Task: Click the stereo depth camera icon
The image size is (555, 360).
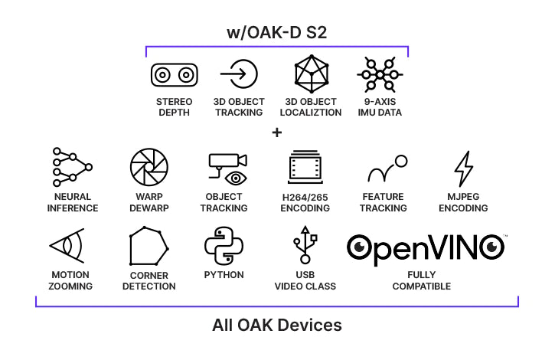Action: click(173, 75)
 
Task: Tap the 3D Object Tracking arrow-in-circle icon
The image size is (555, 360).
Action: click(239, 74)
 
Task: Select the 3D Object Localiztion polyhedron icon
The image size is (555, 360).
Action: click(312, 74)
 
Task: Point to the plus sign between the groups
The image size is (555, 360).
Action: click(276, 133)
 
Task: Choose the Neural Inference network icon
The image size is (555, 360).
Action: click(72, 167)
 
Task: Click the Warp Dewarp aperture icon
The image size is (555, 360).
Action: click(149, 168)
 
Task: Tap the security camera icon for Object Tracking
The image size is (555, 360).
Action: click(227, 168)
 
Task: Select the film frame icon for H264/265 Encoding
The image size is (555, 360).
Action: click(305, 169)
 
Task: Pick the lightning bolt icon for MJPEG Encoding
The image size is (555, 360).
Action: click(463, 169)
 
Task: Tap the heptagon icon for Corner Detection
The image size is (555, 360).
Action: click(149, 247)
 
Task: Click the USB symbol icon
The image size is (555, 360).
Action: click(305, 246)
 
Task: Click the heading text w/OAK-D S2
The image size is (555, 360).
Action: click(277, 33)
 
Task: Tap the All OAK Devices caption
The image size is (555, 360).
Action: click(276, 325)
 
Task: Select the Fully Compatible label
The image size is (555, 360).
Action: click(421, 280)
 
